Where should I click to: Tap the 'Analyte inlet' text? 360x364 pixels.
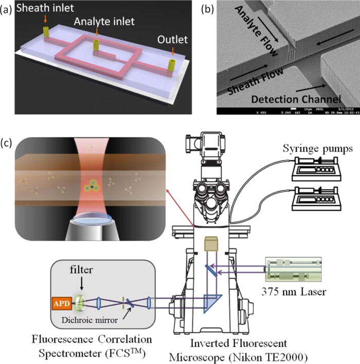pyautogui.click(x=101, y=22)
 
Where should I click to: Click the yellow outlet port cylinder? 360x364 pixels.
pyautogui.click(x=172, y=65)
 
